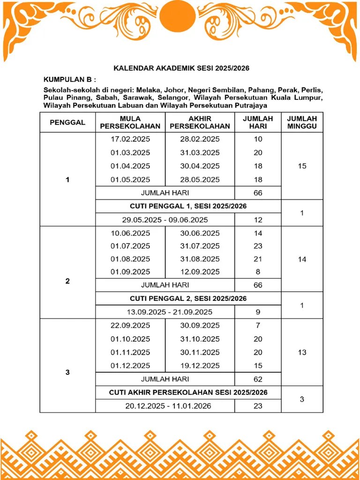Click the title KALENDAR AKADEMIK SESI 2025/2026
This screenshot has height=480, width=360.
point(181,68)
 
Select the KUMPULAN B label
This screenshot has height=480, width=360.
point(69,79)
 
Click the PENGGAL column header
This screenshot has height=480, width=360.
point(67,122)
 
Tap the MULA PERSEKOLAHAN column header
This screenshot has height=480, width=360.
point(130,122)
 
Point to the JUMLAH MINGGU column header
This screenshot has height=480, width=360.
point(302,122)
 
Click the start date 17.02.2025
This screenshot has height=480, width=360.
point(130,139)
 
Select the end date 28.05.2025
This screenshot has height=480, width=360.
point(200,180)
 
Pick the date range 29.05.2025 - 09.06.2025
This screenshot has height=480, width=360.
point(165,219)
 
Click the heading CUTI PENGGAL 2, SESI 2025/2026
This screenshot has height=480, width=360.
point(188,299)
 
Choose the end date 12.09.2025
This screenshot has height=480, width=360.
point(200,272)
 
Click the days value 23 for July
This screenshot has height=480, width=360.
point(258,246)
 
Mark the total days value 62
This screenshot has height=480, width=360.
point(258,379)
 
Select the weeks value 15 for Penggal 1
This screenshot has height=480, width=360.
point(302,166)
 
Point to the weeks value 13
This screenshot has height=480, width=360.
point(302,352)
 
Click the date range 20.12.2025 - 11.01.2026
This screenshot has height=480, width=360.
point(168,406)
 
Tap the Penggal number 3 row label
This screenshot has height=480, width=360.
point(67,372)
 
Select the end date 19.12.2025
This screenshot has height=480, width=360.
point(200,366)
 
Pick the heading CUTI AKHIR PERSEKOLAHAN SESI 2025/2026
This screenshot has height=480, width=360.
point(188,392)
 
